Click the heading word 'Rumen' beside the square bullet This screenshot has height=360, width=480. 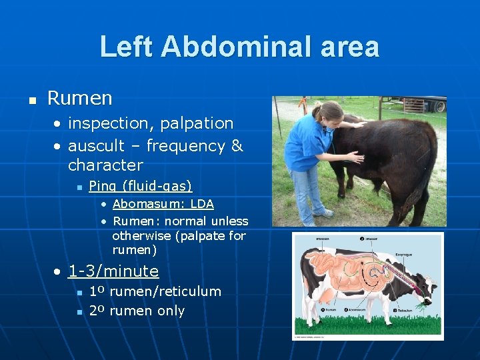click(80, 99)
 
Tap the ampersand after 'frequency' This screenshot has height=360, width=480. click(237, 145)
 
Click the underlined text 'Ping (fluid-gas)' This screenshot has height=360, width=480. click(140, 186)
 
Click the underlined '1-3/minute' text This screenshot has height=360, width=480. click(113, 271)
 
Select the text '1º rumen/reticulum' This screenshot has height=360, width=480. click(155, 291)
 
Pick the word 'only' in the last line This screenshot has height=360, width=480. click(171, 311)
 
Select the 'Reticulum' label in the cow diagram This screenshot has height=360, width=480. click(405, 311)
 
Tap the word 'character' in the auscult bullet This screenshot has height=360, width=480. click(105, 165)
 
